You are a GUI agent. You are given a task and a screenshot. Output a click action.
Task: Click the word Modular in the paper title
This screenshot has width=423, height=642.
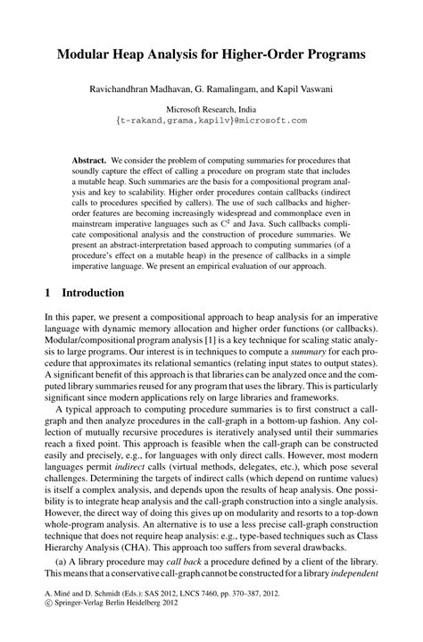pyautogui.click(x=87, y=54)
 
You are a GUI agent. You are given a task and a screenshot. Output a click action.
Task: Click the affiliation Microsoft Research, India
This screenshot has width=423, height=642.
pyautogui.click(x=211, y=107)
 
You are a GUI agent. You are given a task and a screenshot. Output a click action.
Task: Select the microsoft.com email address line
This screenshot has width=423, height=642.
pyautogui.click(x=211, y=119)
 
